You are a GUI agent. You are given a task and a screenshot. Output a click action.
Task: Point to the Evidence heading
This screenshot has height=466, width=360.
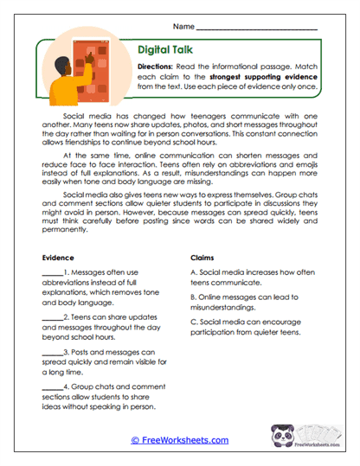coord(58,258)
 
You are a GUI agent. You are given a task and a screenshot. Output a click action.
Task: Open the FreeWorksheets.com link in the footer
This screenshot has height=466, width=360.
coord(179,440)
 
